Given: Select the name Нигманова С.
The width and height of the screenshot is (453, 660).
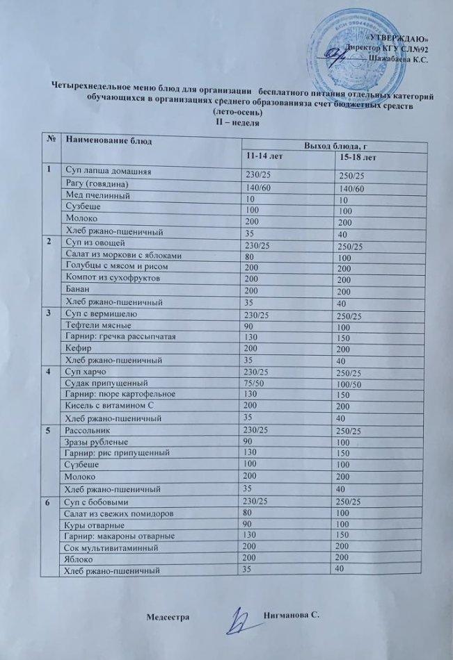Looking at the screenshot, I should click(x=291, y=616).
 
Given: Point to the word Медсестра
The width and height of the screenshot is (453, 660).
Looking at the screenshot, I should click(x=169, y=617).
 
